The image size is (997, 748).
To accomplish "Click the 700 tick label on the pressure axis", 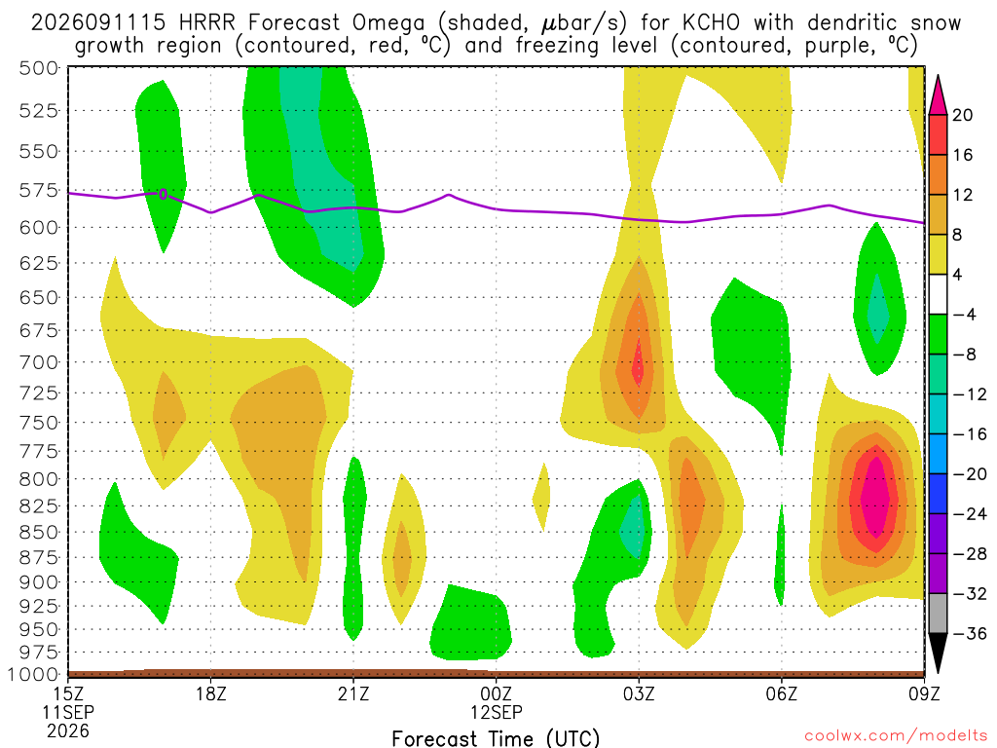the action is (x=39, y=362).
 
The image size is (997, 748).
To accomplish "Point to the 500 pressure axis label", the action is (x=39, y=68).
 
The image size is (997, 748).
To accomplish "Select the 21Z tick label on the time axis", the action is (x=353, y=692).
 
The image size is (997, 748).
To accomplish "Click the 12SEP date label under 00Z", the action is (x=497, y=712).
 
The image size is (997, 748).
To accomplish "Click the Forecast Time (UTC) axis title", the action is (x=496, y=738).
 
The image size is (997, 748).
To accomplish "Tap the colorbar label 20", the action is (x=963, y=115).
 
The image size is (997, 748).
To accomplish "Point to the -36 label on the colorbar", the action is (x=970, y=633).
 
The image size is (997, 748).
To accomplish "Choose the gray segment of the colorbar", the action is (x=938, y=614).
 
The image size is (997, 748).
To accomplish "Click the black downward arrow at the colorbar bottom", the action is (x=938, y=653).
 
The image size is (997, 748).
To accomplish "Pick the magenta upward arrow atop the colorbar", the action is (x=938, y=95).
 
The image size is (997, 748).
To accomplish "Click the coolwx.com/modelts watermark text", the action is (x=896, y=736).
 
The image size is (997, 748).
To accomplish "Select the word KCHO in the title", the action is (x=712, y=23).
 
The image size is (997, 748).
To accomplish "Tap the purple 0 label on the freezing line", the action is (x=164, y=194).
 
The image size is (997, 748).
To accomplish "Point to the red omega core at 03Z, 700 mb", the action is (x=638, y=367).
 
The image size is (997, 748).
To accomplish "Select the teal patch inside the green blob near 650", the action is (x=878, y=309).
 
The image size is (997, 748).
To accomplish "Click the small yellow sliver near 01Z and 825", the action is (x=541, y=497).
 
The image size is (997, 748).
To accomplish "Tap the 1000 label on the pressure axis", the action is (x=34, y=674).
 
